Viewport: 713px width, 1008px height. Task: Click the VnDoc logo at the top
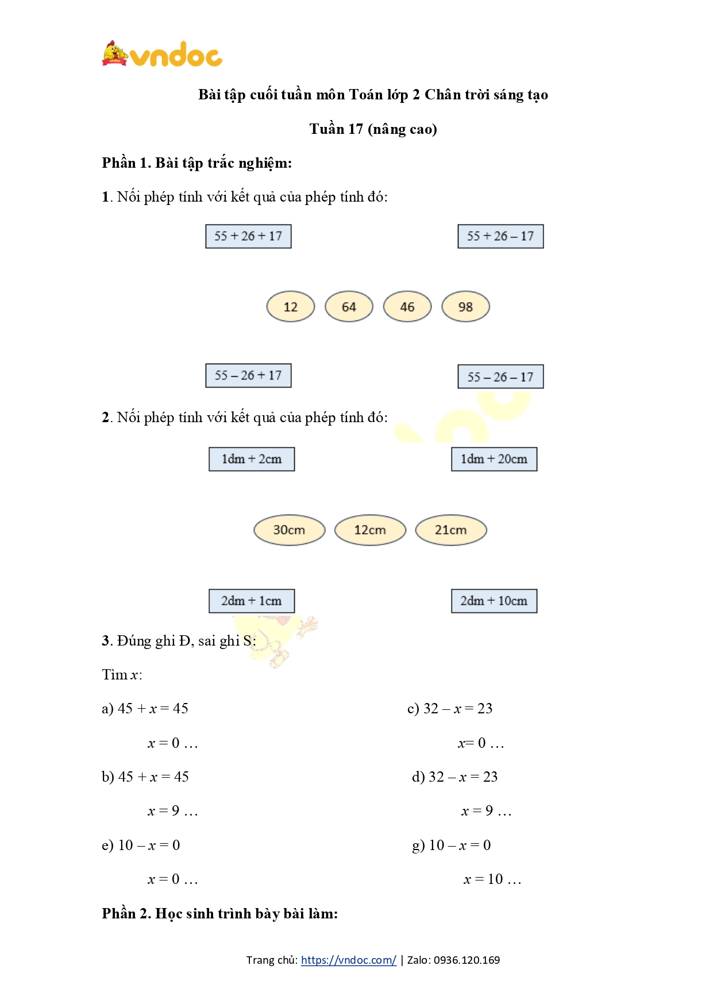162,55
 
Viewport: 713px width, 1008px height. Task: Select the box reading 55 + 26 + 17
248,236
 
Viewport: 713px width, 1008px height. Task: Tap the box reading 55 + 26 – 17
500,236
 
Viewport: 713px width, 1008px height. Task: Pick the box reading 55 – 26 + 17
248,376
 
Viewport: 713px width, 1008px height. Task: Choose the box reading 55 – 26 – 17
500,377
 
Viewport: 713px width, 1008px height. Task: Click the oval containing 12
291,307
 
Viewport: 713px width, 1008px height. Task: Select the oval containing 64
349,307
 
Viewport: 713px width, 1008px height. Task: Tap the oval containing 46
407,307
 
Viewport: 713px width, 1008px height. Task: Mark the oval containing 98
465,307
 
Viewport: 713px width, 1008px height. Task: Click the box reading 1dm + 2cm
252,459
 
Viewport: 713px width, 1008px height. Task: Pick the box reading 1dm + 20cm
494,459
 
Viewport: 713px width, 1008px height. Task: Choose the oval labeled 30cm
289,530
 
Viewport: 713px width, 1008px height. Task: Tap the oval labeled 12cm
370,530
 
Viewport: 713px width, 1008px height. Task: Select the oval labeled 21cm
451,530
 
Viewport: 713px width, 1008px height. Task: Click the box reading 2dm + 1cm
252,601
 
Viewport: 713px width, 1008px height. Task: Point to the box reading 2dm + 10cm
494,601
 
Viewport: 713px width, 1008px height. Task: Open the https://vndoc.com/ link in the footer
348,960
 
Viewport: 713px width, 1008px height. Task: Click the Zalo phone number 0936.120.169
467,960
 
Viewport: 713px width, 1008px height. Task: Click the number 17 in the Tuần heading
355,129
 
